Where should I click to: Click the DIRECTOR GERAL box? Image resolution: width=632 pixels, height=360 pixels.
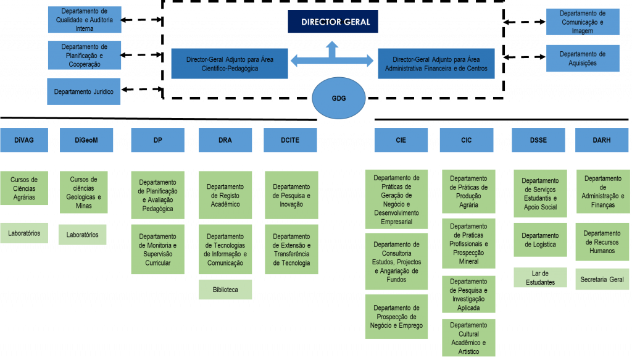[333, 22]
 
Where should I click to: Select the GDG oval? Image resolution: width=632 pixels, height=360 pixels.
[339, 98]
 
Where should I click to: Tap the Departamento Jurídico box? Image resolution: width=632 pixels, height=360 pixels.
[84, 91]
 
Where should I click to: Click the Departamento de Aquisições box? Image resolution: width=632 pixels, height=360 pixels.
[582, 59]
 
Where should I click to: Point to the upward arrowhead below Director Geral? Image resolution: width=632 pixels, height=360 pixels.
[332, 46]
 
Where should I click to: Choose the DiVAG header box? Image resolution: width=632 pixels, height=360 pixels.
[24, 140]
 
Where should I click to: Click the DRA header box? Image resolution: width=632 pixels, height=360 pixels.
[225, 140]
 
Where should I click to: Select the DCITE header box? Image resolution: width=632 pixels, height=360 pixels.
[290, 140]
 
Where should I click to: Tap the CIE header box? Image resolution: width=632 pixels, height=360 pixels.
[401, 140]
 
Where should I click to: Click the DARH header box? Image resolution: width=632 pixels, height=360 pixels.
[602, 140]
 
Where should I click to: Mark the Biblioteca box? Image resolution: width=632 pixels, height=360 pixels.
[225, 289]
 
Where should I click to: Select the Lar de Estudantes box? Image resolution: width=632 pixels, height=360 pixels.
[540, 278]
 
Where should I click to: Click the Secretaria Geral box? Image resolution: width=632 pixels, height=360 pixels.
[602, 279]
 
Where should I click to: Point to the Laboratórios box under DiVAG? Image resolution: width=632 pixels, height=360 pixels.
[24, 233]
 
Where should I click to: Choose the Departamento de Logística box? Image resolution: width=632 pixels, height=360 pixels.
[540, 240]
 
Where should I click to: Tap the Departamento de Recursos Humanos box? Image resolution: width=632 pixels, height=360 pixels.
[602, 242]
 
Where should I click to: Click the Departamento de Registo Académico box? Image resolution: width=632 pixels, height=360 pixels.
[225, 195]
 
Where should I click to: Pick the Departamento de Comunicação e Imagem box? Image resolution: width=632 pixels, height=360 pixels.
[582, 22]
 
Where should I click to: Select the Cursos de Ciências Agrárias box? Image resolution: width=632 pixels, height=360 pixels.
[24, 189]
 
